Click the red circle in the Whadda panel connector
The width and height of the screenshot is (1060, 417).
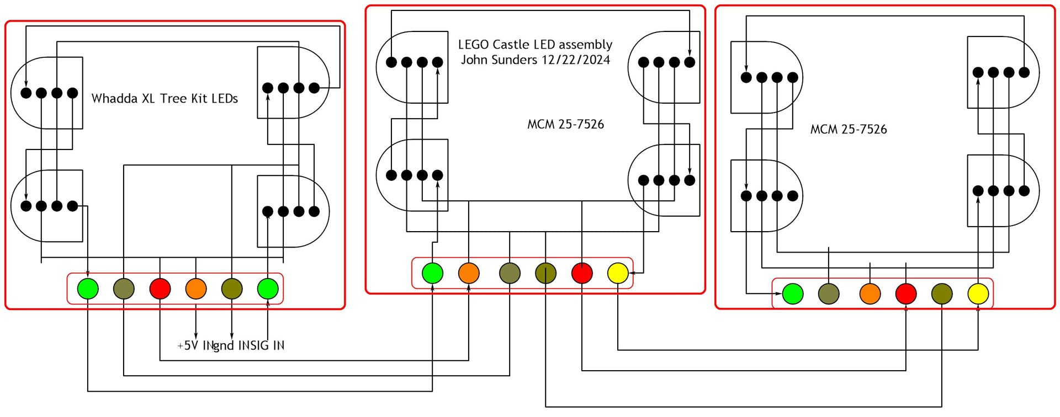pos(160,288)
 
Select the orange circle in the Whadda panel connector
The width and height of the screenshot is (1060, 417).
pos(196,288)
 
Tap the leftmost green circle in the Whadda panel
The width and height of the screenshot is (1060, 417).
pos(88,288)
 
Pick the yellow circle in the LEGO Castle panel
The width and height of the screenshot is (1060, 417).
pos(618,273)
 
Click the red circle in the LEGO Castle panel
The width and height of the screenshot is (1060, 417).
pos(582,273)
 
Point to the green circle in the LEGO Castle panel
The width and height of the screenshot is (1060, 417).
pos(432,273)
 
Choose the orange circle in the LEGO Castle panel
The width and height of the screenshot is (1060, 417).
pos(469,273)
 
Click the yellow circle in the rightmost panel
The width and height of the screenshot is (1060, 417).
pos(978,294)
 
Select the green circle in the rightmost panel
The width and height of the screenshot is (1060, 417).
pos(793,294)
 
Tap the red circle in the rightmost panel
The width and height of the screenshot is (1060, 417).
pos(906,294)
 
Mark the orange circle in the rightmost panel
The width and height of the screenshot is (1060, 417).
pos(870,294)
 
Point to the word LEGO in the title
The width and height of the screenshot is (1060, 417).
pos(473,45)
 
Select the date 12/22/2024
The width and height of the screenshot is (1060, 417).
pos(575,60)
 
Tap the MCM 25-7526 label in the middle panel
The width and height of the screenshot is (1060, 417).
pos(565,125)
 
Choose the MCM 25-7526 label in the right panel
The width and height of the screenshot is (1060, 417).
pos(849,130)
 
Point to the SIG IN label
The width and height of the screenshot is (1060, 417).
pos(267,346)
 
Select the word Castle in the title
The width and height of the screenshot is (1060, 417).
pos(511,45)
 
